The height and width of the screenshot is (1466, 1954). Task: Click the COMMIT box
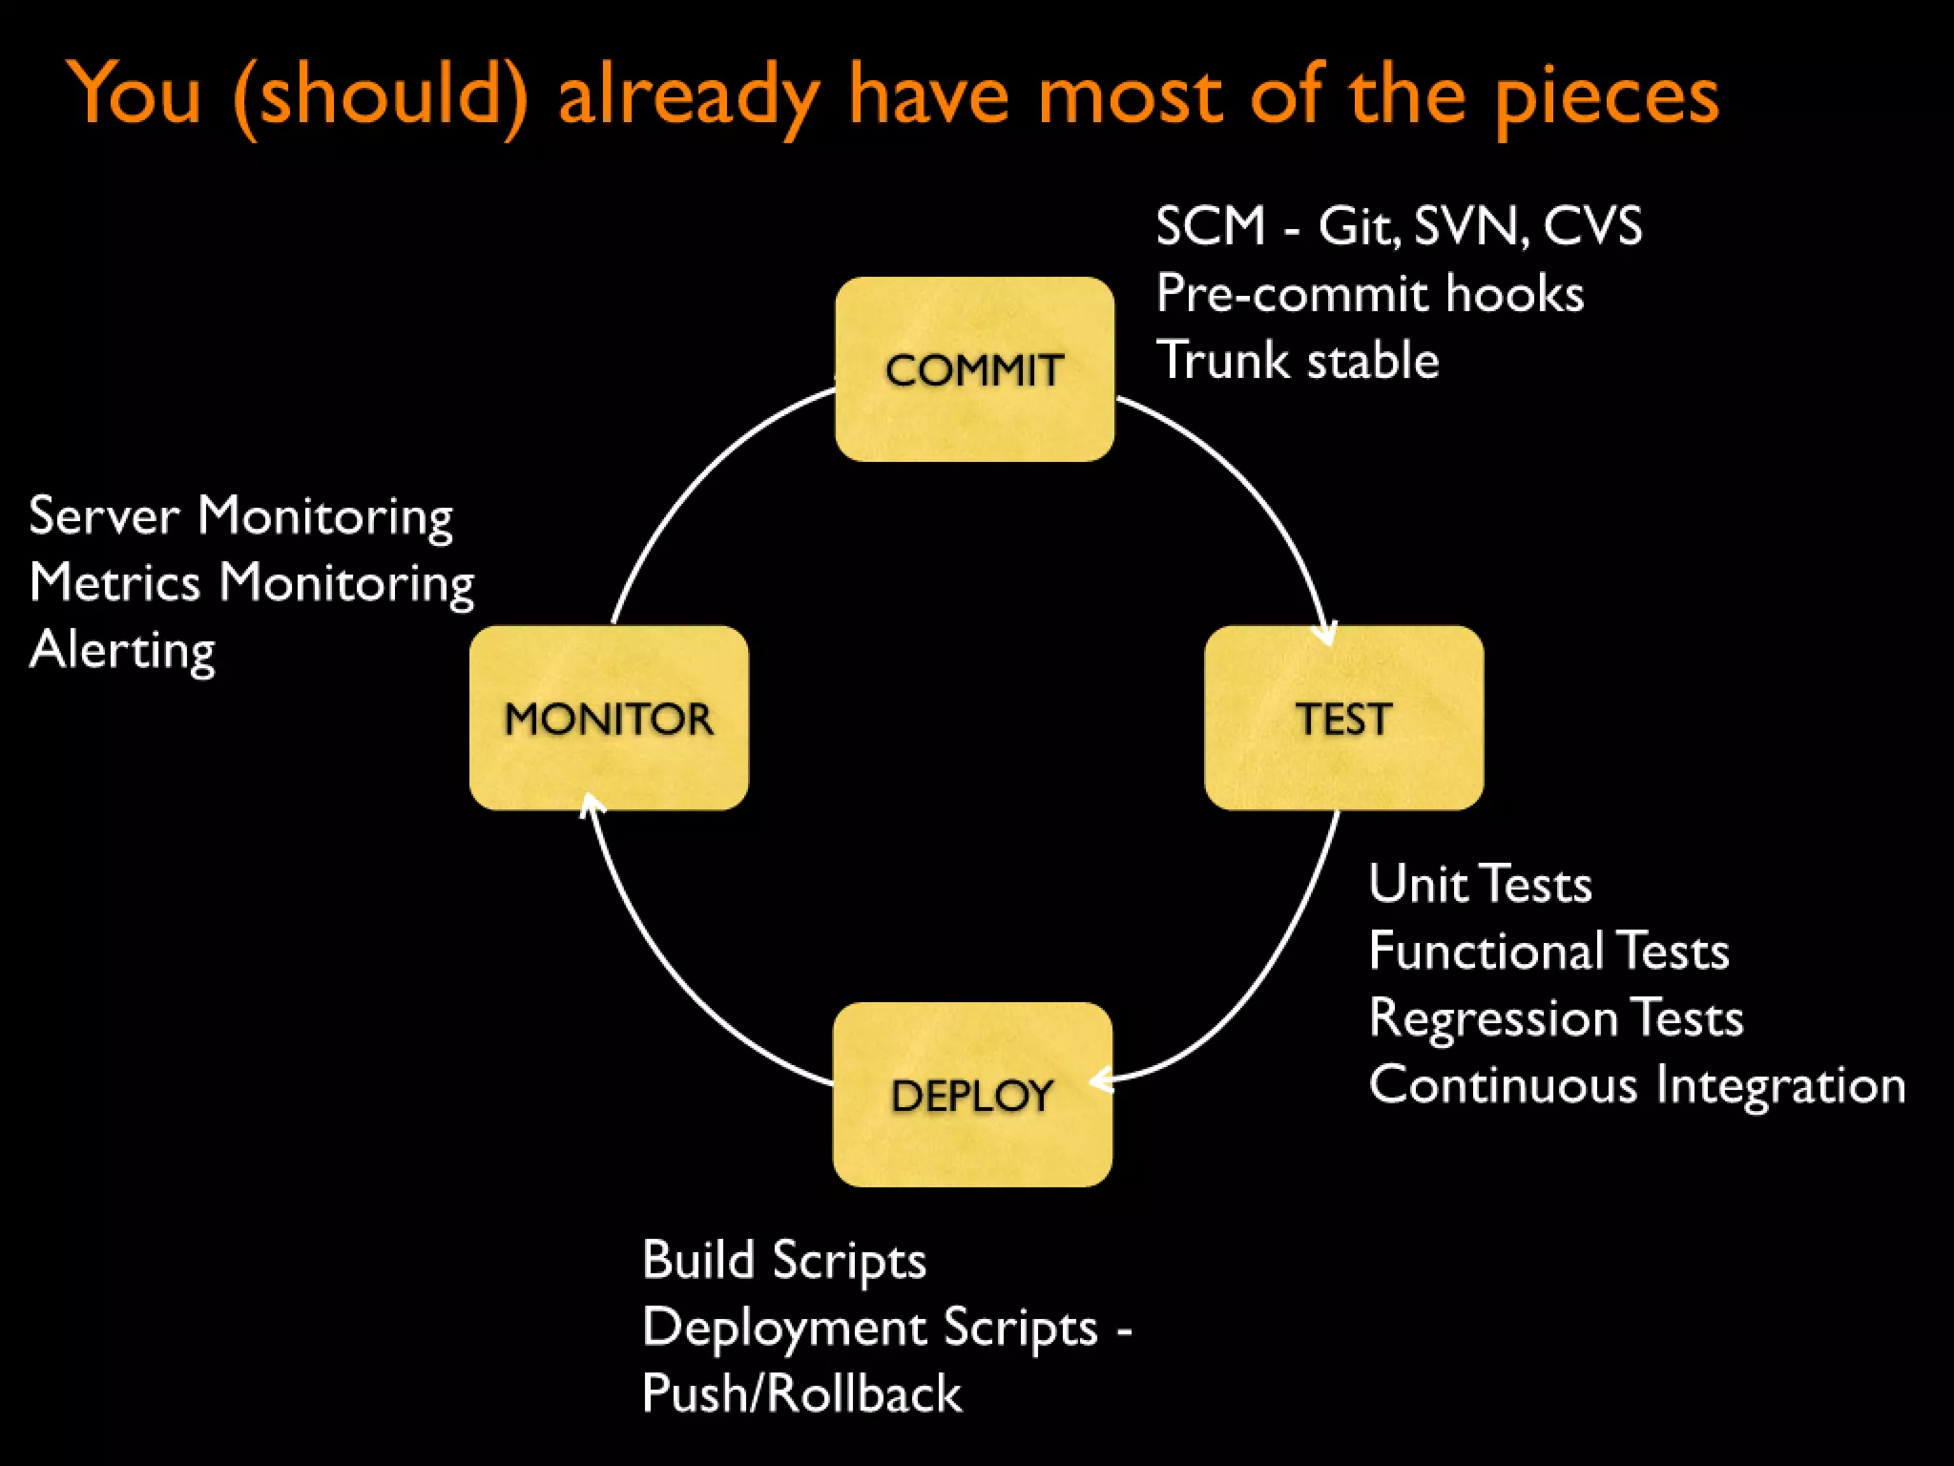click(x=974, y=369)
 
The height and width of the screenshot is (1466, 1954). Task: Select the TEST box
click(x=1343, y=718)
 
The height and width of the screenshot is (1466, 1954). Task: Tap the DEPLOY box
click(x=972, y=1094)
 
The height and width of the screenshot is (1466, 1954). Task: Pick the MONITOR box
click(x=609, y=718)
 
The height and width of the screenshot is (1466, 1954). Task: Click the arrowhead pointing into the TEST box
click(x=1326, y=635)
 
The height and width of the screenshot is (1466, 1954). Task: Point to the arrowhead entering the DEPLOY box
click(x=1101, y=1080)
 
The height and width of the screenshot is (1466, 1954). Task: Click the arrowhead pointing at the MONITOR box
click(x=591, y=804)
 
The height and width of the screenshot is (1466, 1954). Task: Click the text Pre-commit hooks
click(x=1369, y=293)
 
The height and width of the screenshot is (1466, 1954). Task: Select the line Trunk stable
click(x=1297, y=361)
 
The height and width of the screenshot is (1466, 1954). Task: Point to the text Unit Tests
click(x=1480, y=884)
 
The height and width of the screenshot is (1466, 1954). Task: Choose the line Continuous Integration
click(x=1636, y=1085)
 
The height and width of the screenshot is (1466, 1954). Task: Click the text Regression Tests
click(x=1555, y=1017)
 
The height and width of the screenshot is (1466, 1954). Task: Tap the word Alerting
click(x=122, y=651)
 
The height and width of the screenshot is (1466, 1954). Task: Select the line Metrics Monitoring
click(x=251, y=583)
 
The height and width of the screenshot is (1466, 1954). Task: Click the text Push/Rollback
click(x=801, y=1393)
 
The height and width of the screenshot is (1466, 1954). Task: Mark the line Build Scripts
click(x=783, y=1260)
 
